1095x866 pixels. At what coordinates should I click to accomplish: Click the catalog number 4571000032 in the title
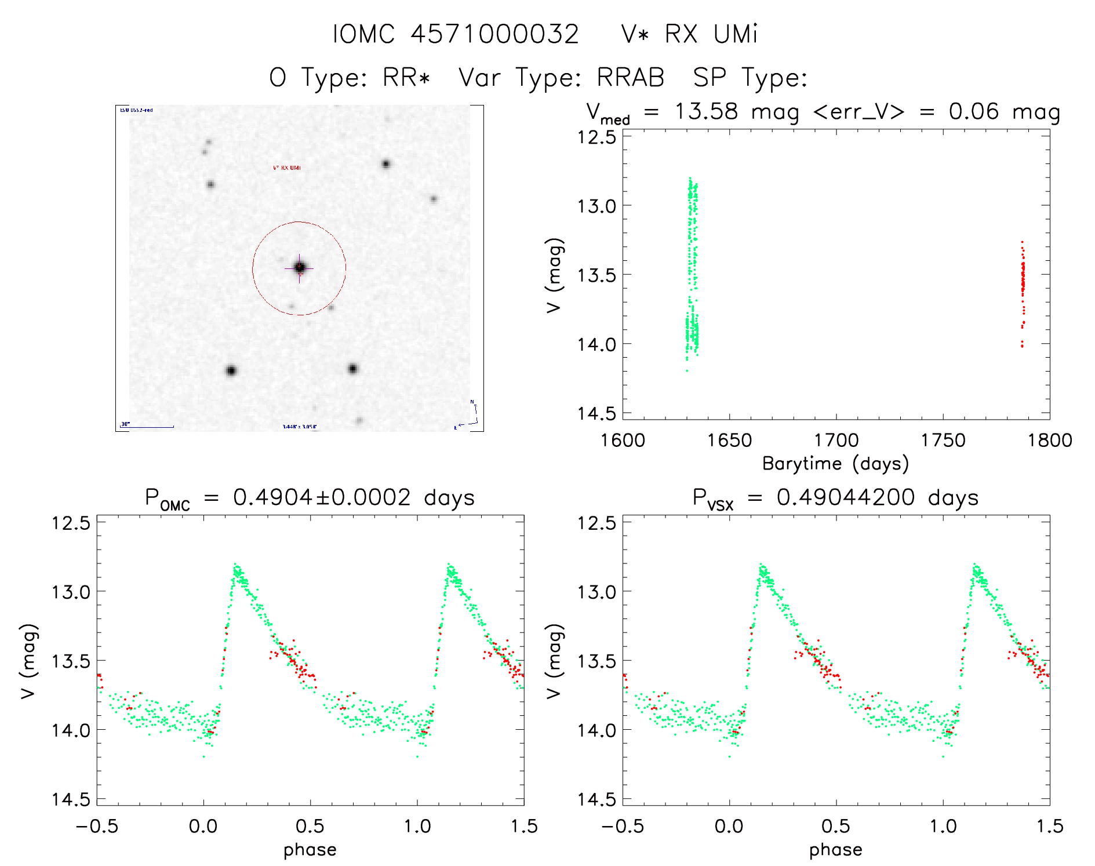[494, 34]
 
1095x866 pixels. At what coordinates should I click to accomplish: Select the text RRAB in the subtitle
[630, 78]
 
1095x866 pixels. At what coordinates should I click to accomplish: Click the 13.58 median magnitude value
[706, 111]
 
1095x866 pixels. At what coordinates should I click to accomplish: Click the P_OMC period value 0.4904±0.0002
[322, 498]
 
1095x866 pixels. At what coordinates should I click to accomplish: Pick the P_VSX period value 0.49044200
[846, 498]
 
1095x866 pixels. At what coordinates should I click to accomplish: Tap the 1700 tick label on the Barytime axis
[836, 441]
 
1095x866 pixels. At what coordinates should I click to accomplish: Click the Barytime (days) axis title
[835, 464]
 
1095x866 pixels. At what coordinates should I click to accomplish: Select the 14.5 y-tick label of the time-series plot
[596, 413]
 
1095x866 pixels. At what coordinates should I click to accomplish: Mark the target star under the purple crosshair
[299, 268]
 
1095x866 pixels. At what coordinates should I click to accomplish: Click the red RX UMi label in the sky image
[287, 168]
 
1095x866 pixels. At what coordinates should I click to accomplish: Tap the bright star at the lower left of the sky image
[231, 371]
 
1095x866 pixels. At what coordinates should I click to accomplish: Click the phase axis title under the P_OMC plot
[310, 850]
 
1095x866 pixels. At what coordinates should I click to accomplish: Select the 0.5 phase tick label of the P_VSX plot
[836, 827]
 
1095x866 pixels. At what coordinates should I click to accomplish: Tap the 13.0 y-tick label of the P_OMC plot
[71, 592]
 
